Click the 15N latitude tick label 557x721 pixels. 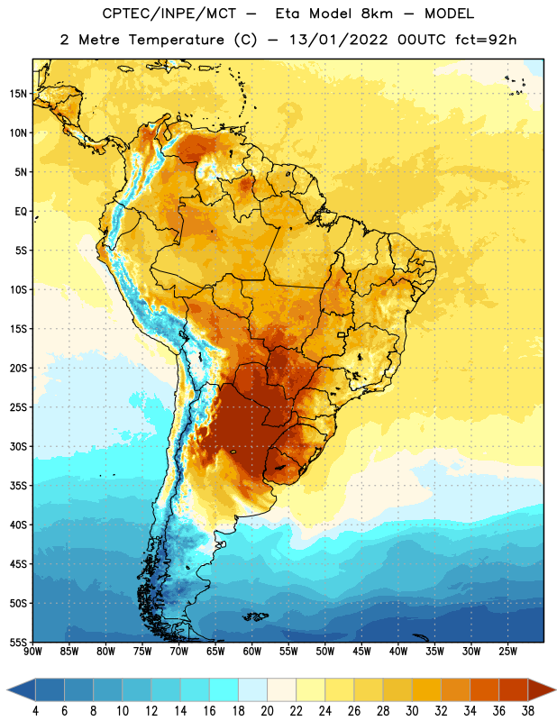(18, 94)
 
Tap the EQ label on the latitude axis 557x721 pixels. (21, 212)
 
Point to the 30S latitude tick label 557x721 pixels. (18, 446)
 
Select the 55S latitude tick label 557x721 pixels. (18, 643)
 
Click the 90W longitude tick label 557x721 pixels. (32, 652)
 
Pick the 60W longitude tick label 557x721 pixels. (252, 652)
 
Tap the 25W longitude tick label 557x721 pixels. (507, 652)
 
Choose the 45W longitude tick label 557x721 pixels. (361, 652)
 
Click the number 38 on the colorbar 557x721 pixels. (527, 711)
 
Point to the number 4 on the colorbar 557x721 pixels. (35, 711)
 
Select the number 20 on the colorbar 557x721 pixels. (267, 711)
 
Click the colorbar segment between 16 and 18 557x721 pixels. (224, 690)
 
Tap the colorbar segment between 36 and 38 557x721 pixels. (514, 690)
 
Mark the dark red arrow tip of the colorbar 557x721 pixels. (554, 690)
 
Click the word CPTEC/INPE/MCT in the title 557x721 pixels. (169, 14)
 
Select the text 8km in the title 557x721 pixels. (376, 14)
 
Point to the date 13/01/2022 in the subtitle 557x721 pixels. (339, 40)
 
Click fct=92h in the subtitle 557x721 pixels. (486, 40)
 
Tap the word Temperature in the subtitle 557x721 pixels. (176, 40)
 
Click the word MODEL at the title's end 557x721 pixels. (449, 14)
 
